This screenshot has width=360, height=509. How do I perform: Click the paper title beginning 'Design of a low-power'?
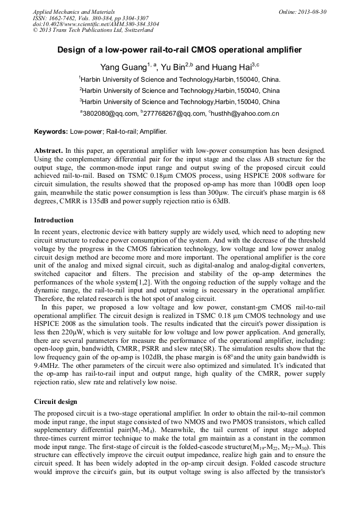[179, 50]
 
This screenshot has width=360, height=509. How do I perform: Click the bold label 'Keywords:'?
[51, 131]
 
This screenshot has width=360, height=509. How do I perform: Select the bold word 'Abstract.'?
[49, 151]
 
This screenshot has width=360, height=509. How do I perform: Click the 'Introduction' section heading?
[54, 220]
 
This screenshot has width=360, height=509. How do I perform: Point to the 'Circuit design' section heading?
[55, 401]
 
